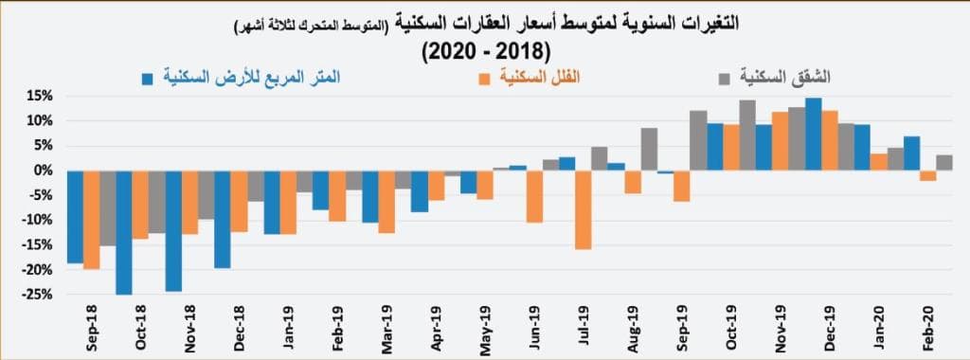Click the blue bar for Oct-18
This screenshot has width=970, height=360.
click(123, 232)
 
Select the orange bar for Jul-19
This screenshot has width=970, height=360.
click(584, 209)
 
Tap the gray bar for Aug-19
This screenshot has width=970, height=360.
click(649, 149)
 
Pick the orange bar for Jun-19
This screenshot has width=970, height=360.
click(534, 196)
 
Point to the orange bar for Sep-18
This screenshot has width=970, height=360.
click(91, 219)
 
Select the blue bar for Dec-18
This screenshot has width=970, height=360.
click(222, 219)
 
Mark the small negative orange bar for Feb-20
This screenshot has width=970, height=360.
click(927, 175)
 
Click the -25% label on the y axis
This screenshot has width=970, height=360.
click(38, 294)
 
